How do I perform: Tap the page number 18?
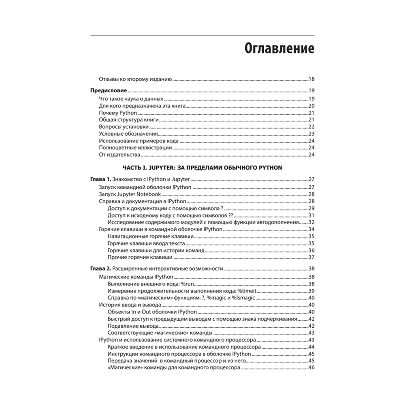pos(311,79)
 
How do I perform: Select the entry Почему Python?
pos(118,113)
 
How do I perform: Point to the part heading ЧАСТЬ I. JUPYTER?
pos(202,167)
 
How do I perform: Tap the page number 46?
pos(311,368)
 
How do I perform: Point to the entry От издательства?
pos(119,155)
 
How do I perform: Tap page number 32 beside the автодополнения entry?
pos(311,222)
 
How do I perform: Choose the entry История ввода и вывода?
pos(130,305)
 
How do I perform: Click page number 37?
pos(311,257)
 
